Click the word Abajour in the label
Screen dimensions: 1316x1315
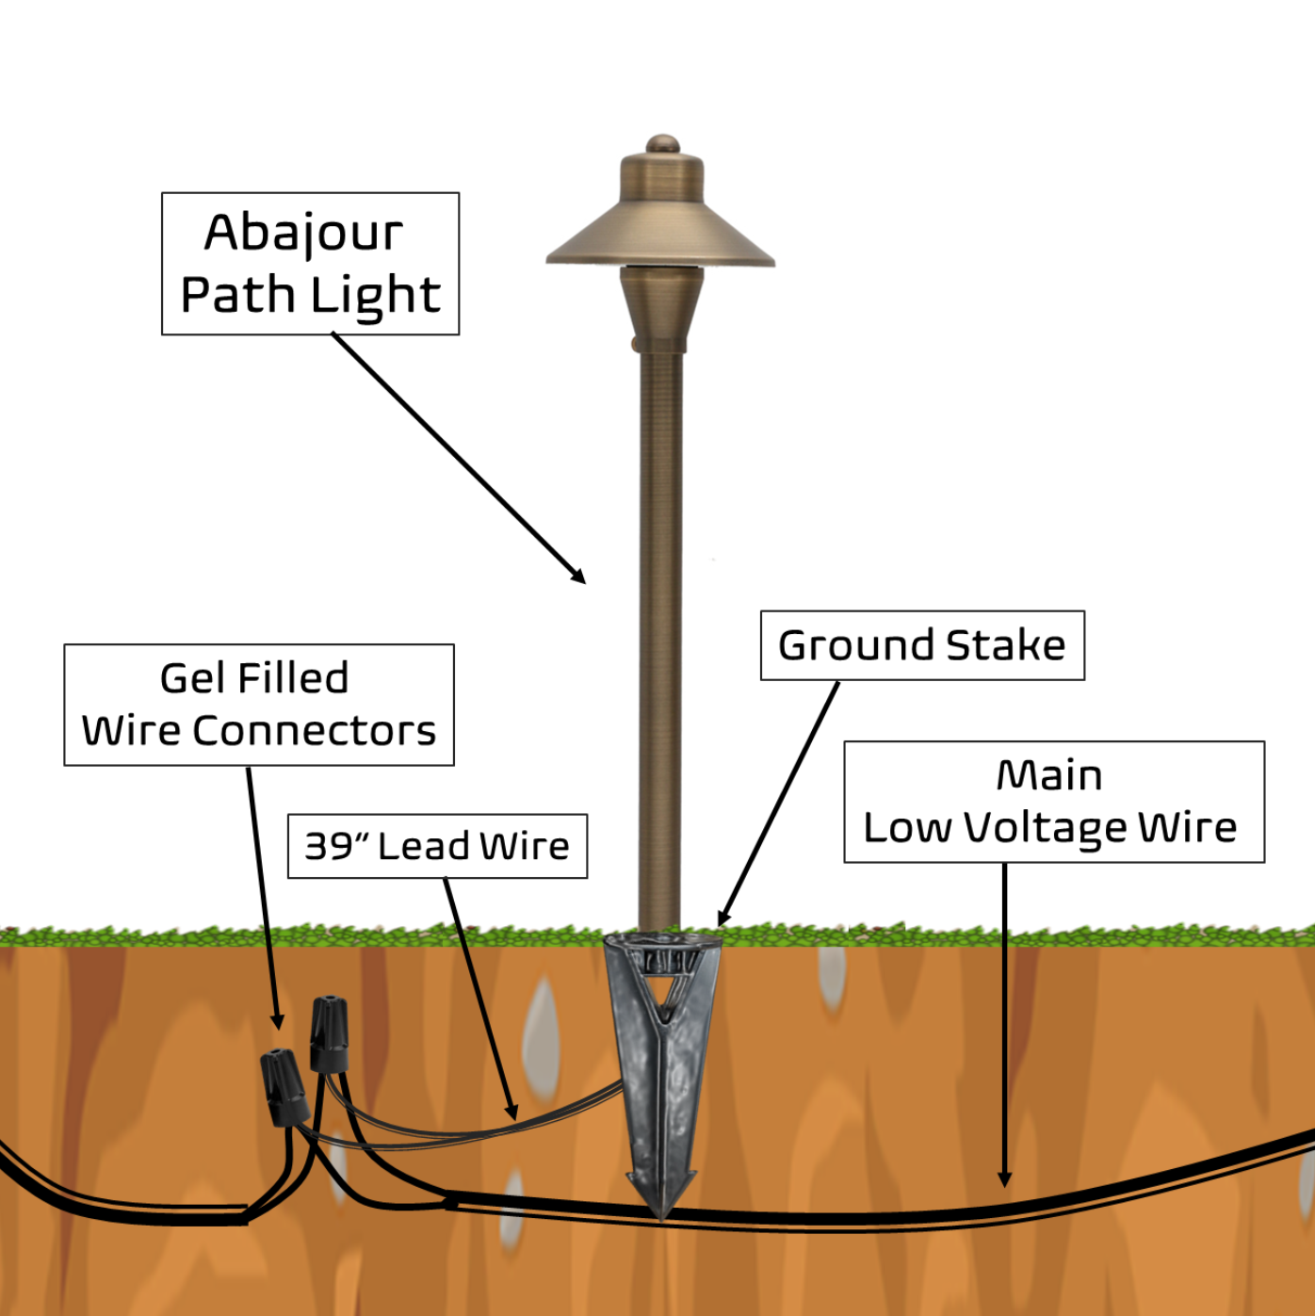(x=303, y=233)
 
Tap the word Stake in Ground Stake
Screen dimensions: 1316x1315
(x=1005, y=646)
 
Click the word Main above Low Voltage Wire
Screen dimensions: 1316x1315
(x=1049, y=775)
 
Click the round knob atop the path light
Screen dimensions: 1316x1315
(x=662, y=144)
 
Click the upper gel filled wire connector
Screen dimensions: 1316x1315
(x=329, y=1034)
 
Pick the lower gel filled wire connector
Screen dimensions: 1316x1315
(x=284, y=1088)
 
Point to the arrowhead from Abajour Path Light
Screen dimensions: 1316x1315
(x=578, y=577)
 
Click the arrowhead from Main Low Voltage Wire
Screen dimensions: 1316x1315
(x=1005, y=1178)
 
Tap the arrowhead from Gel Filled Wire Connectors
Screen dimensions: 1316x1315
(x=277, y=1022)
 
